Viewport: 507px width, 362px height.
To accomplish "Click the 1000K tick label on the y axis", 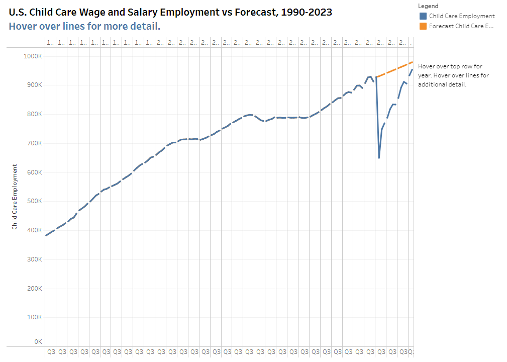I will click(x=33, y=56).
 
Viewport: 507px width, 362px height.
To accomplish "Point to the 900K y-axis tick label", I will click(x=34, y=85).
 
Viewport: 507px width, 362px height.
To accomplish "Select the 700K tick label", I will click(x=34, y=143).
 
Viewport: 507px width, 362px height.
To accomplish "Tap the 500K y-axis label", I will click(x=34, y=202).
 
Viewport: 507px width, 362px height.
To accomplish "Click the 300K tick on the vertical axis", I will click(x=34, y=259).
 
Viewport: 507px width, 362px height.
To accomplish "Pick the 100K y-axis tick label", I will click(x=34, y=318).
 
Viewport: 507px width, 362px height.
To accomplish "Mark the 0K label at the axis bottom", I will click(x=38, y=342).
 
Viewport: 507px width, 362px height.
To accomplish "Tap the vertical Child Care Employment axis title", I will click(x=15, y=197).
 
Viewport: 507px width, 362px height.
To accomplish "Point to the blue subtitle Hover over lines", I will click(x=84, y=26).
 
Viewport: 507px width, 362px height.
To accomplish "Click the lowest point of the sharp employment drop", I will click(x=379, y=158).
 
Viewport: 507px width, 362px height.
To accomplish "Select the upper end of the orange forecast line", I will click(x=412, y=62).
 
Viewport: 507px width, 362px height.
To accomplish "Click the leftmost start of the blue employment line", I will click(x=46, y=235).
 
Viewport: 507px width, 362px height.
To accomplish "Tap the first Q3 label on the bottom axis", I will click(x=51, y=352).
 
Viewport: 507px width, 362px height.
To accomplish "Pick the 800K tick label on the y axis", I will click(x=34, y=115).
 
